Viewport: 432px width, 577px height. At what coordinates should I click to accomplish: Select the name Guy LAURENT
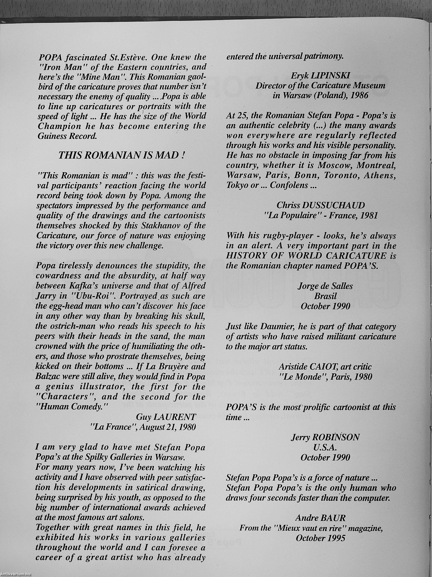click(166, 417)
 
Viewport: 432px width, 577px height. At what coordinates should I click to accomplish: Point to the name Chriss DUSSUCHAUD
click(320, 205)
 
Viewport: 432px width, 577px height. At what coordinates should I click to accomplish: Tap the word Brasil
click(325, 296)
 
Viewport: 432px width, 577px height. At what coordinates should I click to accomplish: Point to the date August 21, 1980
click(165, 427)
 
